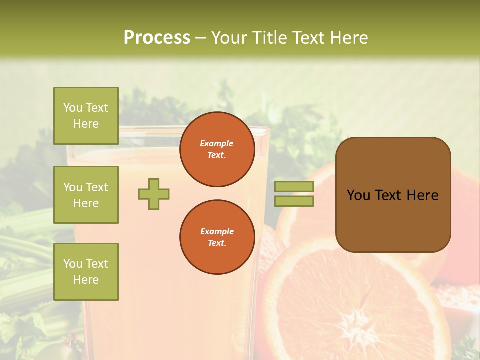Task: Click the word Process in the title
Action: pyautogui.click(x=157, y=38)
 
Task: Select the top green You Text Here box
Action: pyautogui.click(x=86, y=116)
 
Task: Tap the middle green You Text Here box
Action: pyautogui.click(x=86, y=195)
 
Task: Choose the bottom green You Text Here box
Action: pyautogui.click(x=86, y=272)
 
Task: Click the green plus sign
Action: pyautogui.click(x=154, y=194)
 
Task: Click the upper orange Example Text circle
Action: pyautogui.click(x=217, y=149)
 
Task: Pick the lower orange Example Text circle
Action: pyautogui.click(x=217, y=237)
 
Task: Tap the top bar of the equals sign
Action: pyautogui.click(x=294, y=186)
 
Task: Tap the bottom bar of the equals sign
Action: pyautogui.click(x=294, y=201)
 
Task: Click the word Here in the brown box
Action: pyautogui.click(x=422, y=195)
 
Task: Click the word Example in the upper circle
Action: pyautogui.click(x=217, y=143)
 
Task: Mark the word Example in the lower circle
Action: pyautogui.click(x=217, y=231)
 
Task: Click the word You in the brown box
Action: pyautogui.click(x=358, y=195)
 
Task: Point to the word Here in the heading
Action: pyautogui.click(x=350, y=38)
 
